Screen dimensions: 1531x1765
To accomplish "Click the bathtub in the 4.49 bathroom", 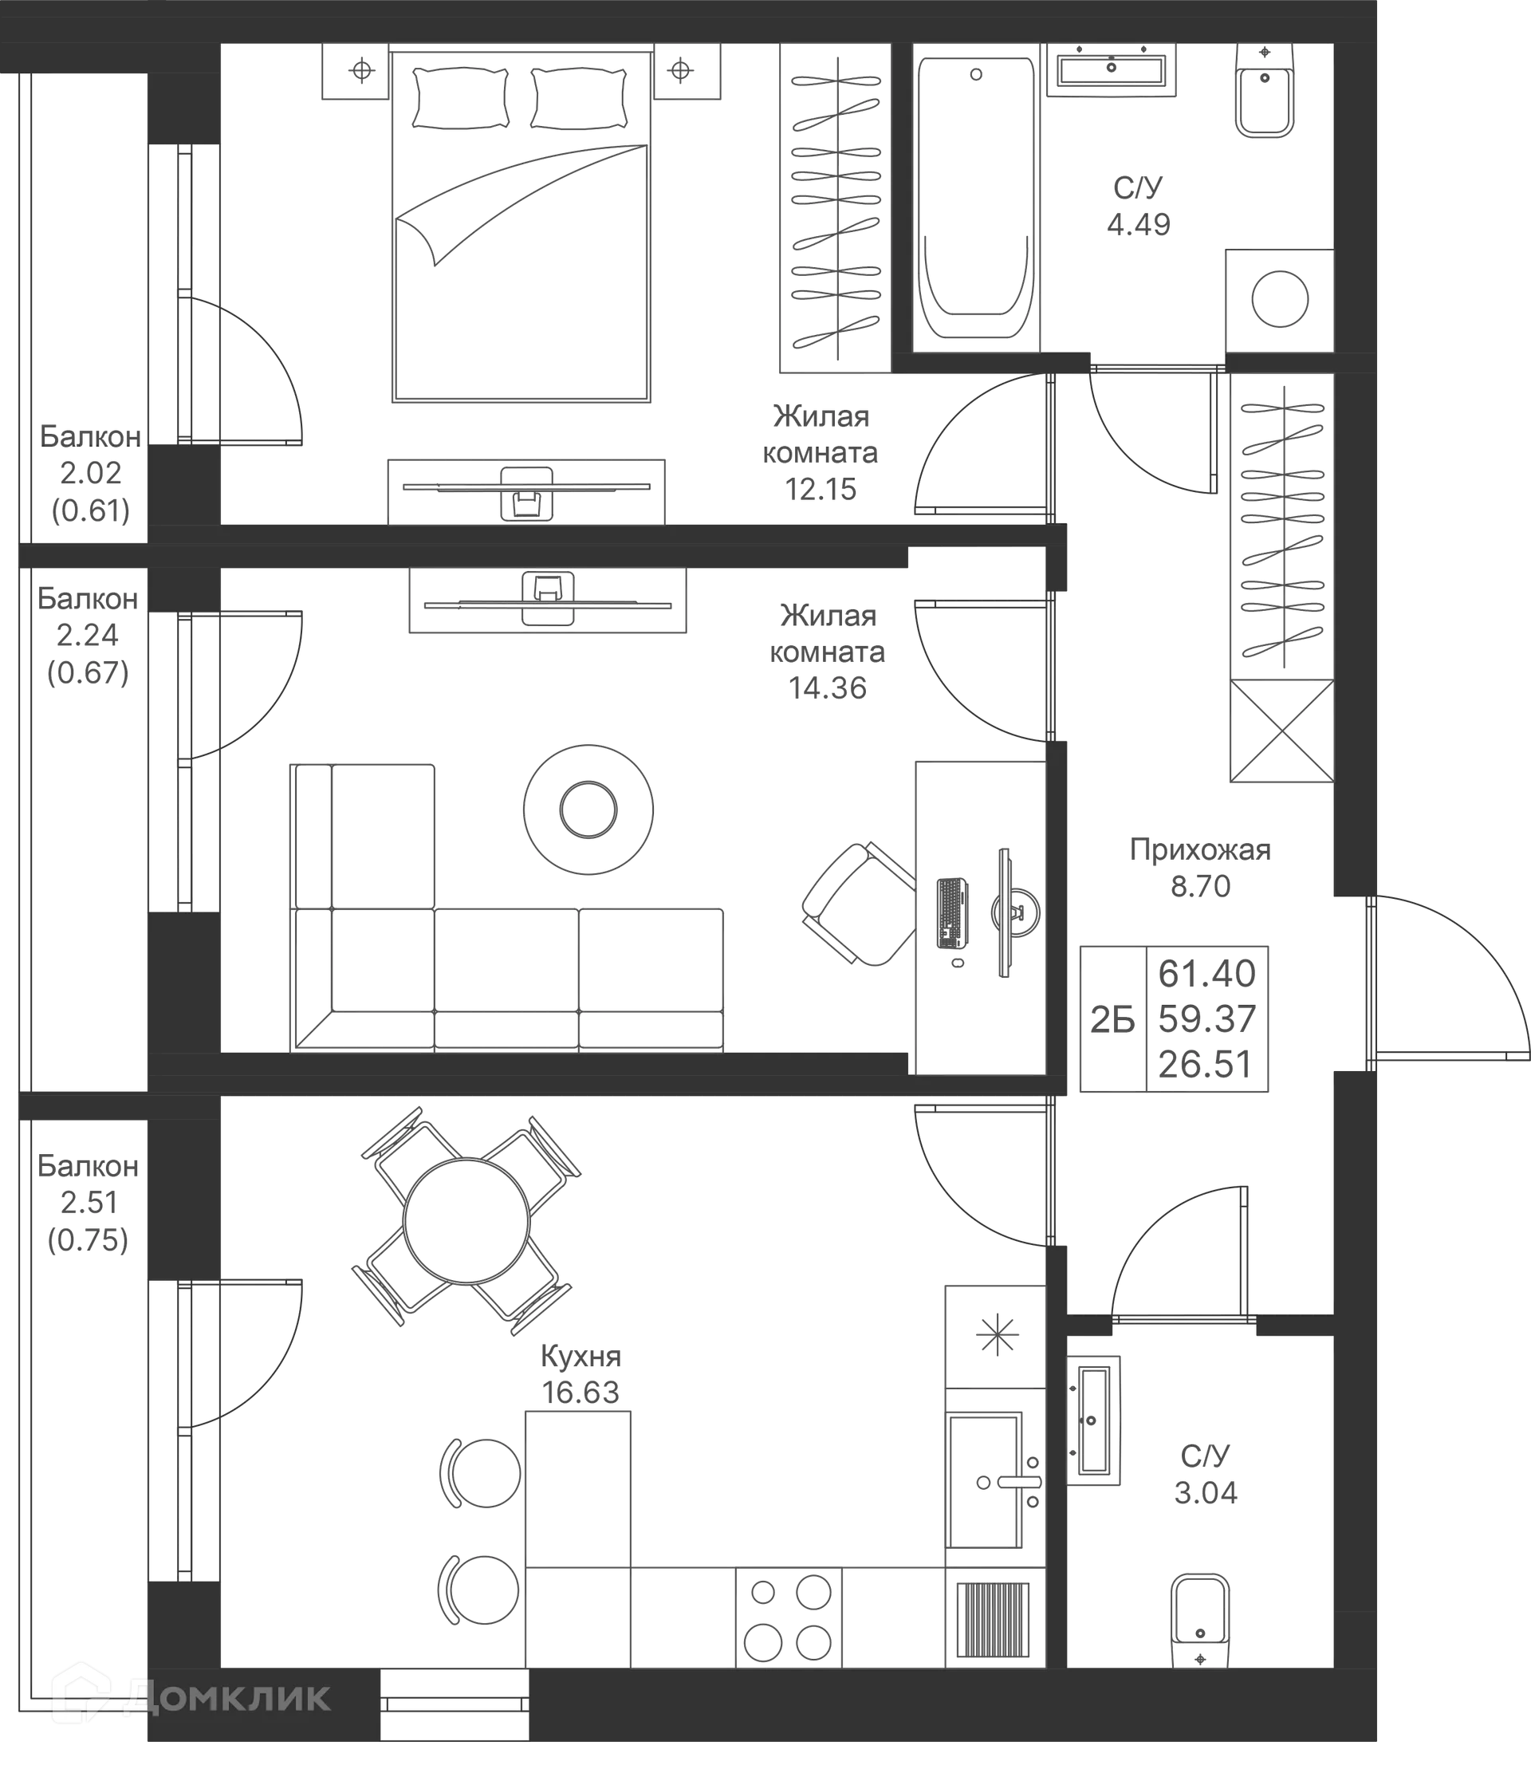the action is [976, 199].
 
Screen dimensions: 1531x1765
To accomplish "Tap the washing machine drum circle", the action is [1280, 299].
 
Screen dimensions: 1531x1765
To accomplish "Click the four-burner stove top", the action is [788, 1617].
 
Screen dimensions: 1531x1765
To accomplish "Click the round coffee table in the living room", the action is [588, 809].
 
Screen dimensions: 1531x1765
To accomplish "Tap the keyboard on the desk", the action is [952, 913].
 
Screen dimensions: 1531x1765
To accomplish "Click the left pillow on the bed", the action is [461, 97].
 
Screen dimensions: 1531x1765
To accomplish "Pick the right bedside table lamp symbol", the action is [680, 70].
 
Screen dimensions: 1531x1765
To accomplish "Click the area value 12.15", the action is [821, 490].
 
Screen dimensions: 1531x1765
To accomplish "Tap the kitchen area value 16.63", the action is [581, 1393].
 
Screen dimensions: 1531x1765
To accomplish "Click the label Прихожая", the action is [1200, 850].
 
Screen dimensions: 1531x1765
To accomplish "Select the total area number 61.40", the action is [1206, 973].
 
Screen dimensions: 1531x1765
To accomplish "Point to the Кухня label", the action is [581, 1356].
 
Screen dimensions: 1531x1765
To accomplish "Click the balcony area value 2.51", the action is [89, 1203].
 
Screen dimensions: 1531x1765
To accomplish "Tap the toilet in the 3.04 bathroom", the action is [1200, 1621].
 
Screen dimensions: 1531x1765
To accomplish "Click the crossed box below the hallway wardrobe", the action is [1281, 731].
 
